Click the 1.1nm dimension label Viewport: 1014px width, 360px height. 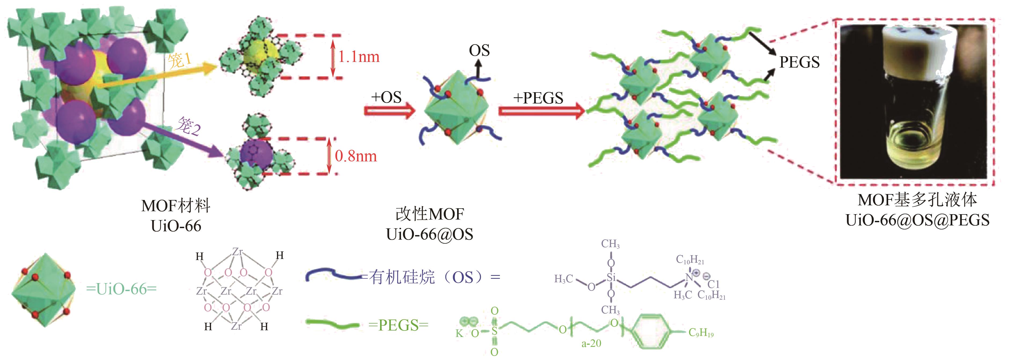click(359, 57)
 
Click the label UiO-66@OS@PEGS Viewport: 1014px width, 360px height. click(917, 220)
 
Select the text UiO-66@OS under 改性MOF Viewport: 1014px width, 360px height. click(429, 235)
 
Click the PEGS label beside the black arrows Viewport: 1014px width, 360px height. click(799, 62)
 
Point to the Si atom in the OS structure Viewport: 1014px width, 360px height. click(611, 278)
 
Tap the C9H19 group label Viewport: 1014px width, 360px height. click(701, 333)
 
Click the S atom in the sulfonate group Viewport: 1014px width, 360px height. click(494, 331)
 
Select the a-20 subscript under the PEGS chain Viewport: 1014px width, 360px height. click(591, 343)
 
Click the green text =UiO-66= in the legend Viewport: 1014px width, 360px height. click(121, 289)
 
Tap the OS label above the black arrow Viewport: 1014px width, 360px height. click(479, 50)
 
